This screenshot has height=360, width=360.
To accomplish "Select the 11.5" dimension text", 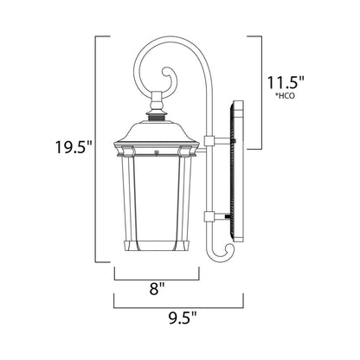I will pos(283,83).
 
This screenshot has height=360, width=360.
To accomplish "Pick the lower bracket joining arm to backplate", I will pos(217,216).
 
